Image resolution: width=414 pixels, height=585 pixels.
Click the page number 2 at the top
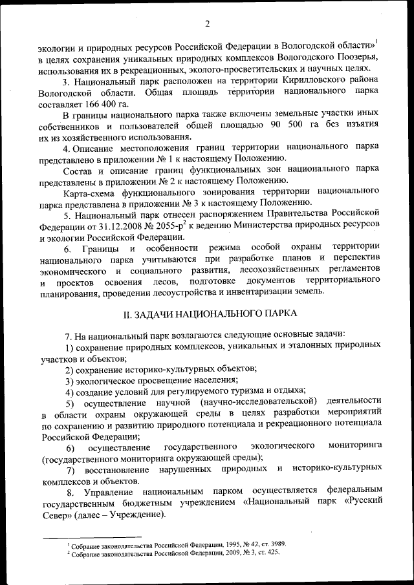[207, 25]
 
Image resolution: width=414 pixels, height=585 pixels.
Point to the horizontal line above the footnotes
[91, 536]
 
